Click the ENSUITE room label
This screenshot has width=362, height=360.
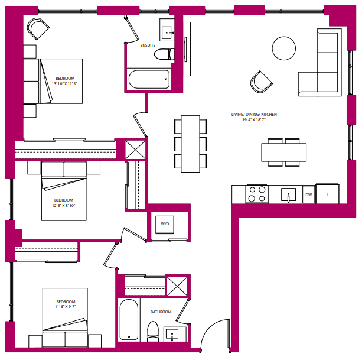tap(148, 45)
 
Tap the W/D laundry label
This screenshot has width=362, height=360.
tap(165, 224)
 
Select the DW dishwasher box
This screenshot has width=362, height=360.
tap(308, 194)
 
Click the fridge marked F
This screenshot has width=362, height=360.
tap(328, 193)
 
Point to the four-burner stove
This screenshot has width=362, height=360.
tap(257, 194)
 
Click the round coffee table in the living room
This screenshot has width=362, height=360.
tap(283, 48)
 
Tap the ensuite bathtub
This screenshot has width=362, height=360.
tap(148, 79)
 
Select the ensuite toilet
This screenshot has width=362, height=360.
tap(162, 54)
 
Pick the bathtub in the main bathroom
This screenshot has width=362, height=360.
tap(129, 319)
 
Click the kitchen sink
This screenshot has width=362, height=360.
tap(288, 194)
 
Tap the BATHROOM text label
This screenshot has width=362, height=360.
tap(161, 312)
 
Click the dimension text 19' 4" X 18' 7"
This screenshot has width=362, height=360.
tap(255, 120)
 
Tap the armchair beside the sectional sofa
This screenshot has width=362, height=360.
tap(261, 82)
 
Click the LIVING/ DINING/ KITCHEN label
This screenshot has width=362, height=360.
tap(255, 113)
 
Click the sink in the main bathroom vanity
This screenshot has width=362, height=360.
tap(174, 334)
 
